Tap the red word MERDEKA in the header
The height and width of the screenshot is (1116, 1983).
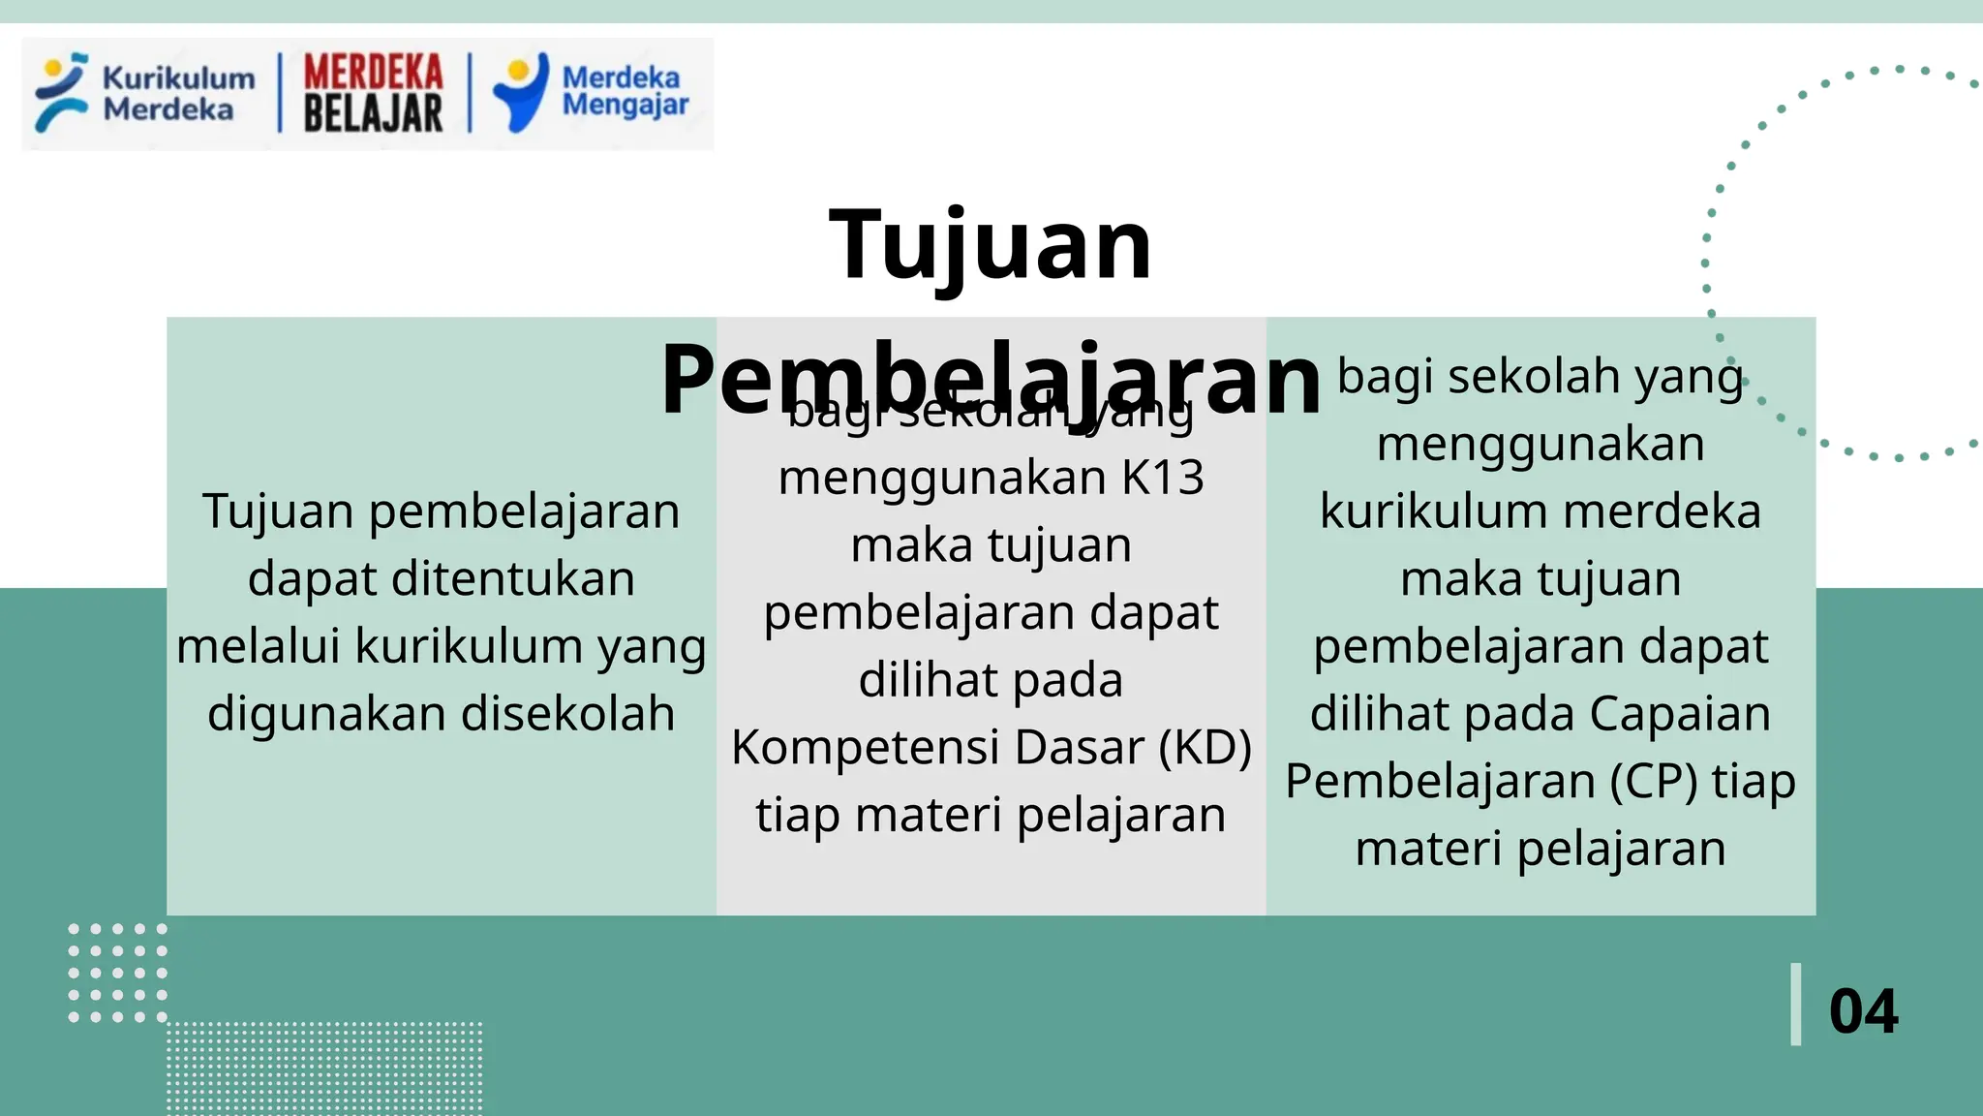pyautogui.click(x=373, y=73)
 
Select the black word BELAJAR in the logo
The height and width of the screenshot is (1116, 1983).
pyautogui.click(x=373, y=113)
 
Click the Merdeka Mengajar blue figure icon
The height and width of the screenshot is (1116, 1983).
pyautogui.click(x=521, y=92)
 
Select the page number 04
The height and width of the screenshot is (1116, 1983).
pyautogui.click(x=1863, y=1011)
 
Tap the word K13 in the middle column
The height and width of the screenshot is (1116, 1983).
pyautogui.click(x=1163, y=478)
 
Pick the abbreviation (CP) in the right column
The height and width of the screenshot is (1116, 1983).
pyautogui.click(x=1654, y=781)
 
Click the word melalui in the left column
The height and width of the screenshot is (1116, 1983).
pyautogui.click(x=259, y=646)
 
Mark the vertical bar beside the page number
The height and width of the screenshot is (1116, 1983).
pyautogui.click(x=1796, y=1005)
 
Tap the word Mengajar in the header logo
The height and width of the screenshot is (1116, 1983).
pyautogui.click(x=625, y=105)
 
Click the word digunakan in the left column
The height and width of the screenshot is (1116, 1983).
pyautogui.click(x=327, y=714)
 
